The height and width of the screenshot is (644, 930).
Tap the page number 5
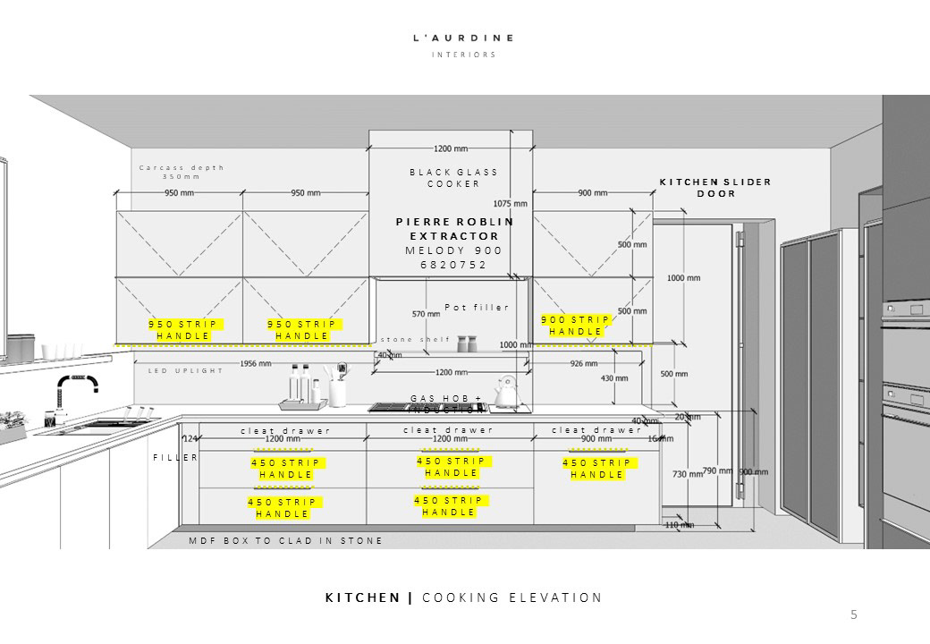point(853,614)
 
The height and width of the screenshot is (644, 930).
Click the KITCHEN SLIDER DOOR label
point(715,188)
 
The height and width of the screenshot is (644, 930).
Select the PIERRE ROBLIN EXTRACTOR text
point(454,228)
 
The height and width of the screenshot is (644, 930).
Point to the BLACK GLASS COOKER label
point(453,177)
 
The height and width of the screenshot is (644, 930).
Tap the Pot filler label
point(477,308)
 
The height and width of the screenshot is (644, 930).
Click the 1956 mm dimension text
point(256,363)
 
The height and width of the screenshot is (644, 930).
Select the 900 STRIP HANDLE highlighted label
point(576,326)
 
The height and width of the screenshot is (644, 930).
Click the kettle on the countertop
point(508,393)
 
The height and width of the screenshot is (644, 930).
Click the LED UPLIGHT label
point(185,370)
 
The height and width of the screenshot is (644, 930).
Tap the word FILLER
point(174,457)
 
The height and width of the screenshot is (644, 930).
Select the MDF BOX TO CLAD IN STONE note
point(286,541)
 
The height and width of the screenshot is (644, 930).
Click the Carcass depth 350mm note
point(182,172)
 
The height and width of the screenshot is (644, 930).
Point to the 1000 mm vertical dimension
point(683,278)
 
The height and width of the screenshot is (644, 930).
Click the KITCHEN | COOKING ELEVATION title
point(463,597)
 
